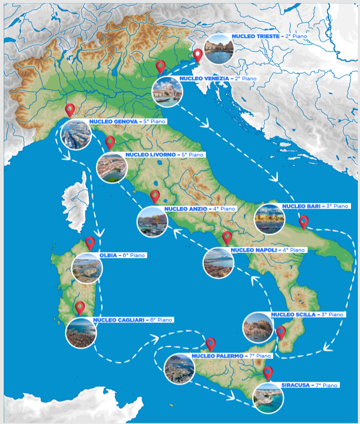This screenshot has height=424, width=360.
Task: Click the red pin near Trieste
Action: [x=198, y=55]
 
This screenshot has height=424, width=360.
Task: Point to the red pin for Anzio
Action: [x=155, y=196]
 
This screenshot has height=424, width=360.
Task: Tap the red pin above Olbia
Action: [x=90, y=243]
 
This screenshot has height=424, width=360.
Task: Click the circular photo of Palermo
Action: [x=179, y=369]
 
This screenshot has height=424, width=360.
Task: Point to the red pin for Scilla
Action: [x=281, y=332]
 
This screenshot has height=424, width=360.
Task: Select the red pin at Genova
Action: [x=69, y=110]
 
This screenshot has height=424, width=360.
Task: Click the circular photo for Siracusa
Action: [x=268, y=398]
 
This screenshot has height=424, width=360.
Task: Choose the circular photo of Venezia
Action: [x=167, y=91]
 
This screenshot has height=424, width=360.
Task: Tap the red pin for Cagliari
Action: [x=80, y=308]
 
